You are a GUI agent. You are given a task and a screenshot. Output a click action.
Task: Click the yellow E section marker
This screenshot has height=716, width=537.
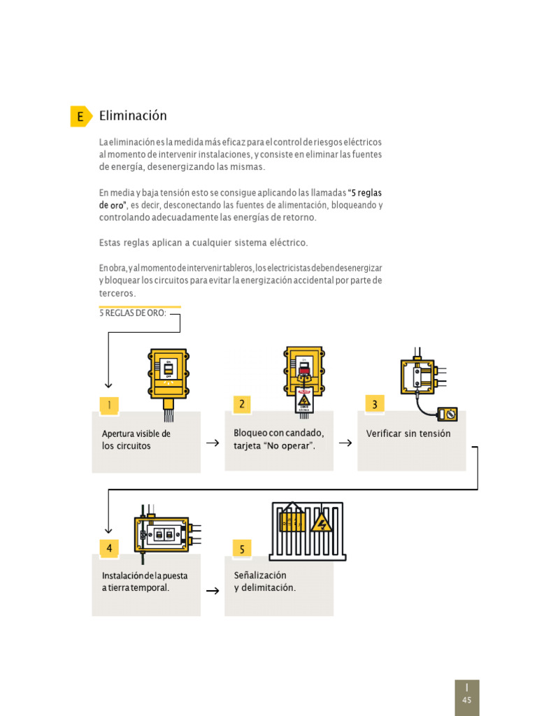80,117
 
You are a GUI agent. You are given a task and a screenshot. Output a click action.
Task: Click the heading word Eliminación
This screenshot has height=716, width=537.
133,116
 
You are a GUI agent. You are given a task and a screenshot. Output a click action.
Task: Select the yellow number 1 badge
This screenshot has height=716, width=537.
109,405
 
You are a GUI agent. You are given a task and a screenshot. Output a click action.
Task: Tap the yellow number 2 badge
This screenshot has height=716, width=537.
242,404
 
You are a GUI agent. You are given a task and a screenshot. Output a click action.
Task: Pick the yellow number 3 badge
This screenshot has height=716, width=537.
375,404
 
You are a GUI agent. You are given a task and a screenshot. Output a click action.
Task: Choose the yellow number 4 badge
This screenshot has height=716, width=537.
109,547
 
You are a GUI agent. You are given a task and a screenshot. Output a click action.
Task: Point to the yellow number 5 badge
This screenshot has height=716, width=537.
242,549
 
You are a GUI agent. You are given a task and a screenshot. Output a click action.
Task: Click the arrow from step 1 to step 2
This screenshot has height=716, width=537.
213,443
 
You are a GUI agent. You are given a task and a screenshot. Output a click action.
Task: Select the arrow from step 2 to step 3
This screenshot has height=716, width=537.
345,443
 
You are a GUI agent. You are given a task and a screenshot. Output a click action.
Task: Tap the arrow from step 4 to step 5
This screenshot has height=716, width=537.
213,591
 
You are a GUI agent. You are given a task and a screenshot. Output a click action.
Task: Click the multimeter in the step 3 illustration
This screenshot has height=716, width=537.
447,415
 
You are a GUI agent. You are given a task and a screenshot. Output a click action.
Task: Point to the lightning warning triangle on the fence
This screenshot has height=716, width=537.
321,522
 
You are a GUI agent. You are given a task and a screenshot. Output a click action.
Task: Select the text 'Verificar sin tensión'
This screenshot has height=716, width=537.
408,434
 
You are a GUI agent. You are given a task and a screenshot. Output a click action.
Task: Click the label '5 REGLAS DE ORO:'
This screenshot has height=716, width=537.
133,313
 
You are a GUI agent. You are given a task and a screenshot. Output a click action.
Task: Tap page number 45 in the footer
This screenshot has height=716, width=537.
467,700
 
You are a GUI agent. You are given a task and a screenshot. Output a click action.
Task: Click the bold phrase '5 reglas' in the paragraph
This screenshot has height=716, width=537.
366,192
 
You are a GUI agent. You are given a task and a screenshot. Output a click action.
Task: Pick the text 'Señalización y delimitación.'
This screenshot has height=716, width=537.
264,581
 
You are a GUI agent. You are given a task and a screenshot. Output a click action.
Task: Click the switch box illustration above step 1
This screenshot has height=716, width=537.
168,373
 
